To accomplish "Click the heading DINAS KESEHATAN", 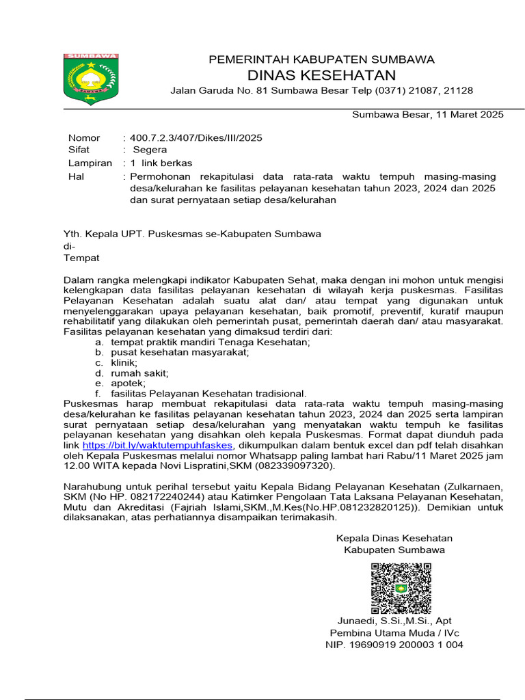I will [x=321, y=75].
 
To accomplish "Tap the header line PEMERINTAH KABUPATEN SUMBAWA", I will [x=321, y=59].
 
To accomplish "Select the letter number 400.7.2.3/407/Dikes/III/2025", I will [x=196, y=137].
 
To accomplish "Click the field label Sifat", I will [x=79, y=150].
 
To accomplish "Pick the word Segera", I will [x=150, y=150].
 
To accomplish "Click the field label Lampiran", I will [x=90, y=163].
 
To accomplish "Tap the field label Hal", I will [x=75, y=176].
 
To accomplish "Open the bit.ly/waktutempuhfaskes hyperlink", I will [x=159, y=445].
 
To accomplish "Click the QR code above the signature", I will [x=401, y=588].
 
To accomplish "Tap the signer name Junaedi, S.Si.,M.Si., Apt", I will [x=394, y=621].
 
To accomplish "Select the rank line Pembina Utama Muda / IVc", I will [x=394, y=632].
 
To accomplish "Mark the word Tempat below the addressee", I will [x=81, y=258].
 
